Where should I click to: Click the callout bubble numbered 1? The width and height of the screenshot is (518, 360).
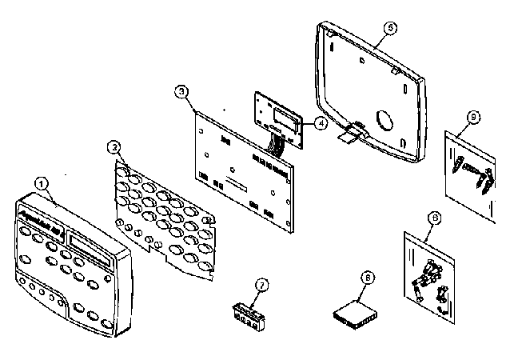point(42,183)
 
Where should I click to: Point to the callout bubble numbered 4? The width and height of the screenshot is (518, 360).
point(319,124)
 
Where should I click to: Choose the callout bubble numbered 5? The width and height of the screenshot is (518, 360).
point(389,27)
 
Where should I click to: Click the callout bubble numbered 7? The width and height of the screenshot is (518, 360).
point(260,285)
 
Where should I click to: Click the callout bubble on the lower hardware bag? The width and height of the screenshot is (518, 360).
point(433,217)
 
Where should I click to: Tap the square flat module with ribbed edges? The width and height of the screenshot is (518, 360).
point(353,311)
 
